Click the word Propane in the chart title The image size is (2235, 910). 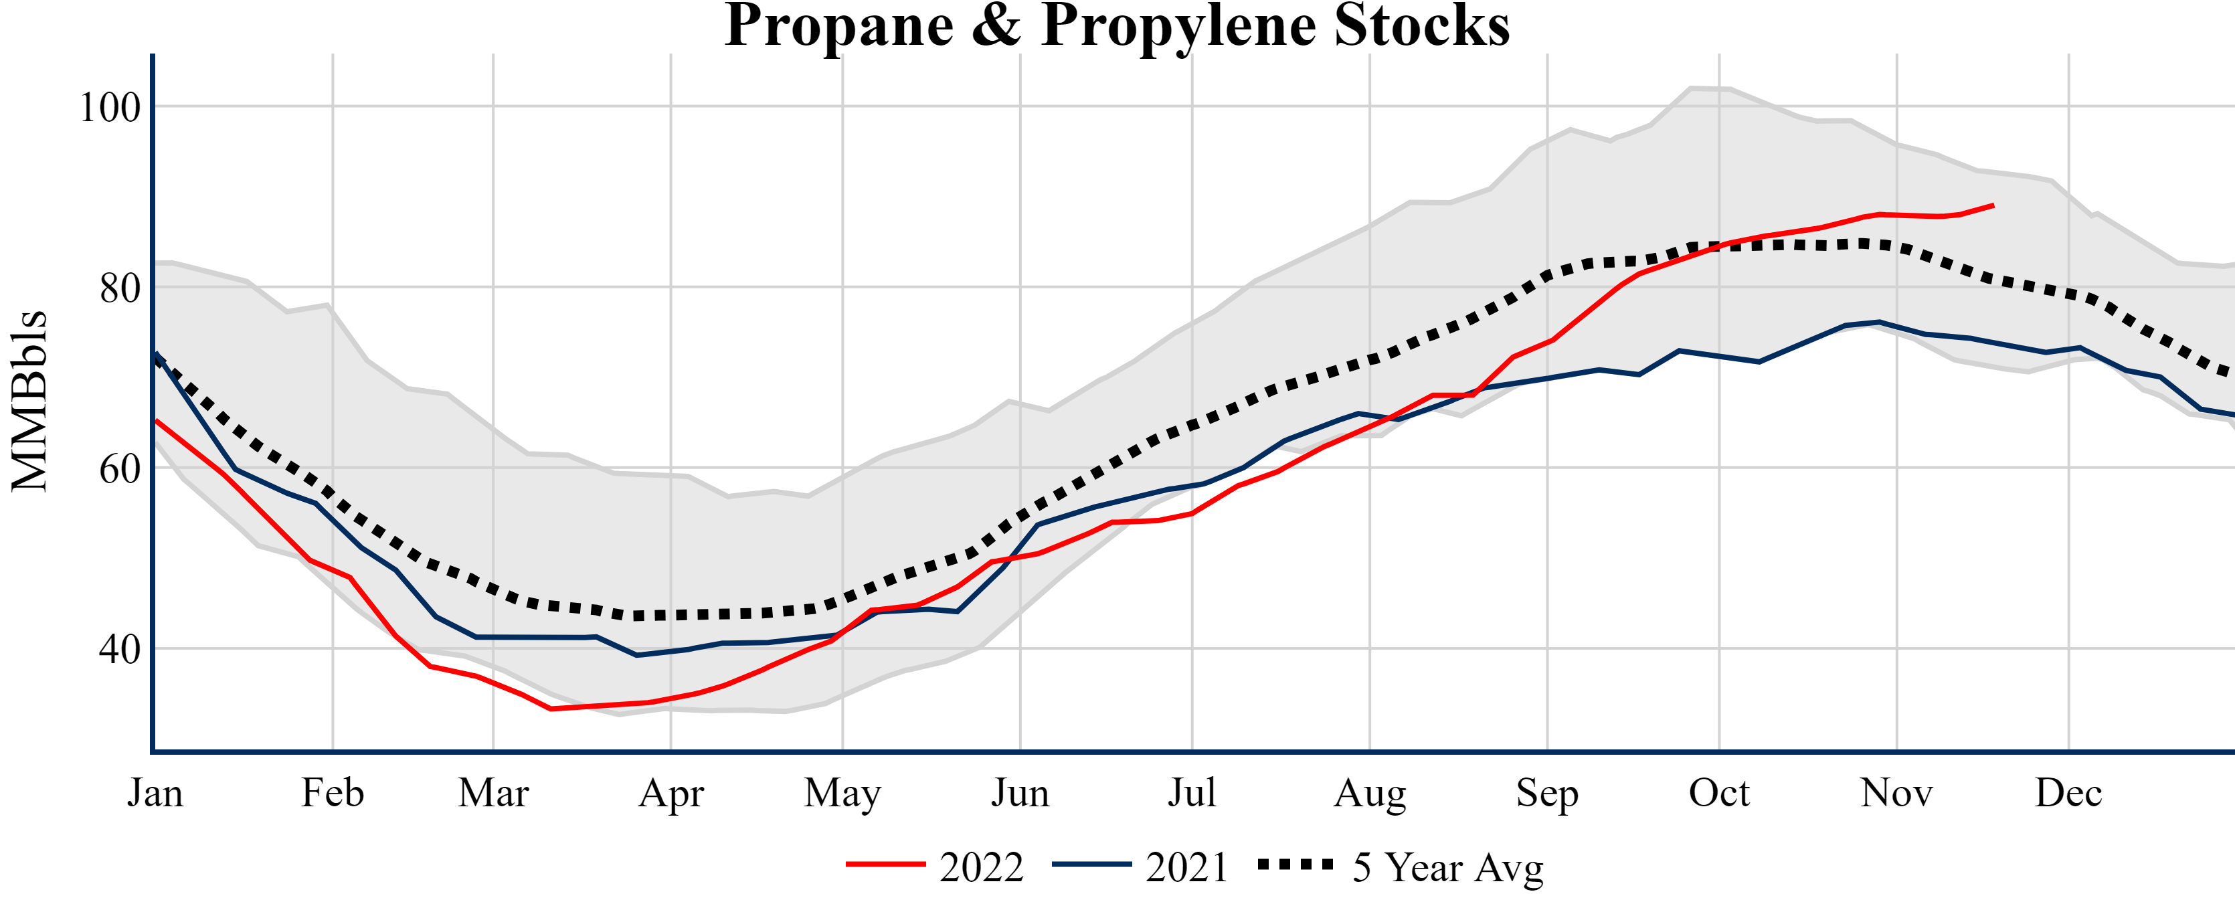839,26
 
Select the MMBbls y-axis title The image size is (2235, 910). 29,401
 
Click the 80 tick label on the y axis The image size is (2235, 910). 120,288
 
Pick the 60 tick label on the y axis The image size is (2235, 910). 120,468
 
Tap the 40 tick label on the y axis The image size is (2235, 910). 120,649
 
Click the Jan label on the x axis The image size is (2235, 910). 155,792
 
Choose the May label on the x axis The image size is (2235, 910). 842,792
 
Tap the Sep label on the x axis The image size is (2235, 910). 1547,792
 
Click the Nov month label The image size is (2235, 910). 1896,792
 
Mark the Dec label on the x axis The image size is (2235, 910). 2068,792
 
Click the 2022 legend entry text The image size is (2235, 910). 981,867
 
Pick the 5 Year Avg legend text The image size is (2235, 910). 1448,867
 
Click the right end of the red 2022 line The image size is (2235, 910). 1993,205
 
